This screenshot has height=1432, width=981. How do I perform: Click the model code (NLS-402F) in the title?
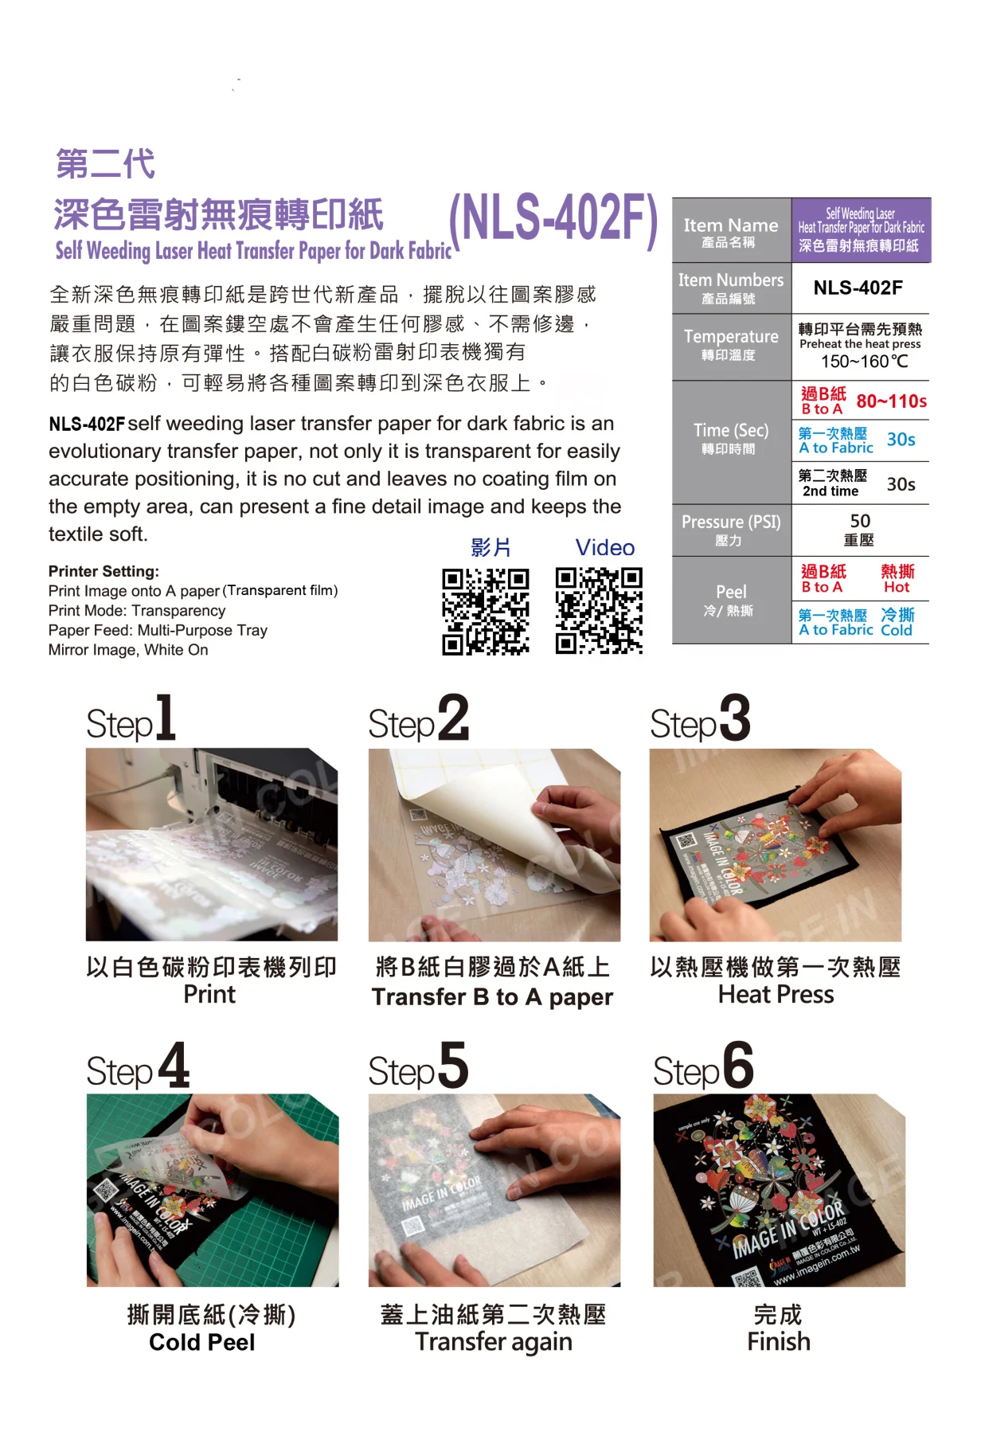[x=553, y=218]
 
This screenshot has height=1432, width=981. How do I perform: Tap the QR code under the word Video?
[x=599, y=611]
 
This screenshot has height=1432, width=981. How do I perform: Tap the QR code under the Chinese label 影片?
[x=486, y=611]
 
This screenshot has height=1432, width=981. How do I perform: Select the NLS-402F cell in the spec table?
[x=858, y=288]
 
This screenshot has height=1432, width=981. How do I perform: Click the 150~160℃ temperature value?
[x=864, y=362]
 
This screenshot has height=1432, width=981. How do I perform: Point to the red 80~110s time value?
[x=891, y=401]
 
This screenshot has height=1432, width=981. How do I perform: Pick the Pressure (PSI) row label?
[x=731, y=522]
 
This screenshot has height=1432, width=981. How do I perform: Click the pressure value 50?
[x=860, y=521]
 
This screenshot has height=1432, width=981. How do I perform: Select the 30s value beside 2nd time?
[x=901, y=484]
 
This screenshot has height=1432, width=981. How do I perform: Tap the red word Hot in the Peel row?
[x=896, y=587]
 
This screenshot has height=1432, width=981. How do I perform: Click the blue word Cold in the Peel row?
[x=896, y=630]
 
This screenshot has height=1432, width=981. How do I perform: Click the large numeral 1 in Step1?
[x=165, y=718]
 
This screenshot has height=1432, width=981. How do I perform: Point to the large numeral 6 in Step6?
[x=738, y=1065]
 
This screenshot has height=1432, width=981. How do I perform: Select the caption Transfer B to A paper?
[x=492, y=997]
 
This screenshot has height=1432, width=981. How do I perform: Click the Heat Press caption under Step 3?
[x=776, y=995]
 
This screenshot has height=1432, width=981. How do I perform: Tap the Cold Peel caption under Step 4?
[x=202, y=1342]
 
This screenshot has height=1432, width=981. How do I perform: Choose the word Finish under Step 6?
[x=778, y=1341]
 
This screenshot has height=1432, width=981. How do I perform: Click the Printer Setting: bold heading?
[x=104, y=571]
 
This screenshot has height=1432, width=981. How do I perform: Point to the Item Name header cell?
[x=730, y=231]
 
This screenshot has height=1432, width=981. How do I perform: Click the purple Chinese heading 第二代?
[x=105, y=164]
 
